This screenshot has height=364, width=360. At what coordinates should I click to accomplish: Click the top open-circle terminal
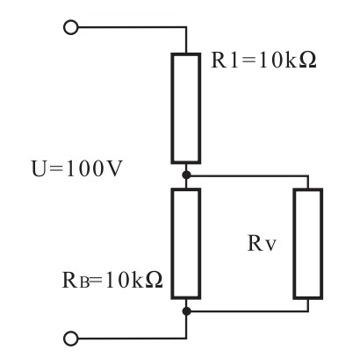71,27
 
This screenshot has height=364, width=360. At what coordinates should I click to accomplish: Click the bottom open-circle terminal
71,339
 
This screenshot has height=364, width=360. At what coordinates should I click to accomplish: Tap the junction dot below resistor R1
186,175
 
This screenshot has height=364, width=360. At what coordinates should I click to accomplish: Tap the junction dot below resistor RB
186,311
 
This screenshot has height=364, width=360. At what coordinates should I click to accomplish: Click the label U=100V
76,168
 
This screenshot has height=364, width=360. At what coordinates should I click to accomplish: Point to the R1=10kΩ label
263,61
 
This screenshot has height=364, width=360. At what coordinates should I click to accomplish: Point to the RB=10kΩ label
112,280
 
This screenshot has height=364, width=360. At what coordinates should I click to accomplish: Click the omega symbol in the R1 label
307,61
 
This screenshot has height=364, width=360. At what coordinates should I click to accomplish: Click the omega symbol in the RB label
154,281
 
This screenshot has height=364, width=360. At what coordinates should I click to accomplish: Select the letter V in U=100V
113,169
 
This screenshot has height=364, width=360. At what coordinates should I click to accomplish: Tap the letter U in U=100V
40,169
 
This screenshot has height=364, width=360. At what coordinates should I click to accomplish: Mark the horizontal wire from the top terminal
133,27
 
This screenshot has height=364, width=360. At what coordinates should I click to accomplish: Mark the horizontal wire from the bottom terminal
133,339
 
